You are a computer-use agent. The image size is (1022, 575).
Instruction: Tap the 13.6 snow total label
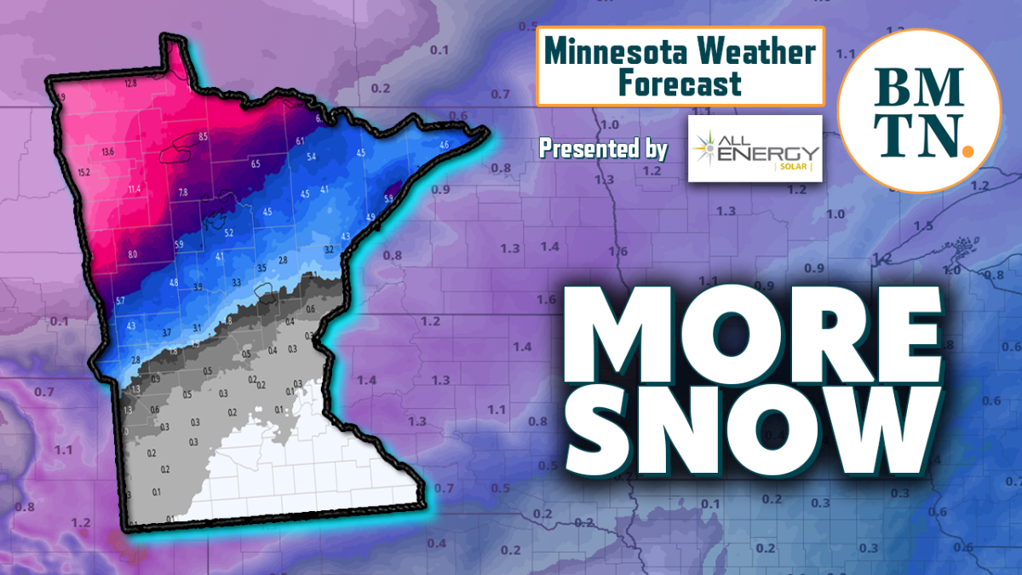[x=107, y=152]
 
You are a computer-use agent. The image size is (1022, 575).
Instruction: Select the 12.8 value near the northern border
[x=130, y=83]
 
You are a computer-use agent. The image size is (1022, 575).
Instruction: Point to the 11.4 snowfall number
[x=135, y=188]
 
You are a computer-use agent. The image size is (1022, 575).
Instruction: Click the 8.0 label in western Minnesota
[x=132, y=254]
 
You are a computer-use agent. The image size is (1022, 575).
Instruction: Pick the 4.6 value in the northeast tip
[x=444, y=146]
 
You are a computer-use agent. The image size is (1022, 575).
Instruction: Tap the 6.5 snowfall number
[x=255, y=163]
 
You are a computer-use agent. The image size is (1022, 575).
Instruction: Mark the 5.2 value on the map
[x=228, y=233]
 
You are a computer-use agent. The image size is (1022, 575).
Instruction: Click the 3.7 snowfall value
[x=167, y=331]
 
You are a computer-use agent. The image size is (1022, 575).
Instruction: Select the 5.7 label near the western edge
[x=120, y=301]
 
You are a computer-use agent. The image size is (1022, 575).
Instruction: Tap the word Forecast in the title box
[x=680, y=83]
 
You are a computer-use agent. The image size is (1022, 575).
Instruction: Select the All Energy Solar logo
[x=755, y=149]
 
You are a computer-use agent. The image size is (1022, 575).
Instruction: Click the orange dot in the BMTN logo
[x=966, y=151]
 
